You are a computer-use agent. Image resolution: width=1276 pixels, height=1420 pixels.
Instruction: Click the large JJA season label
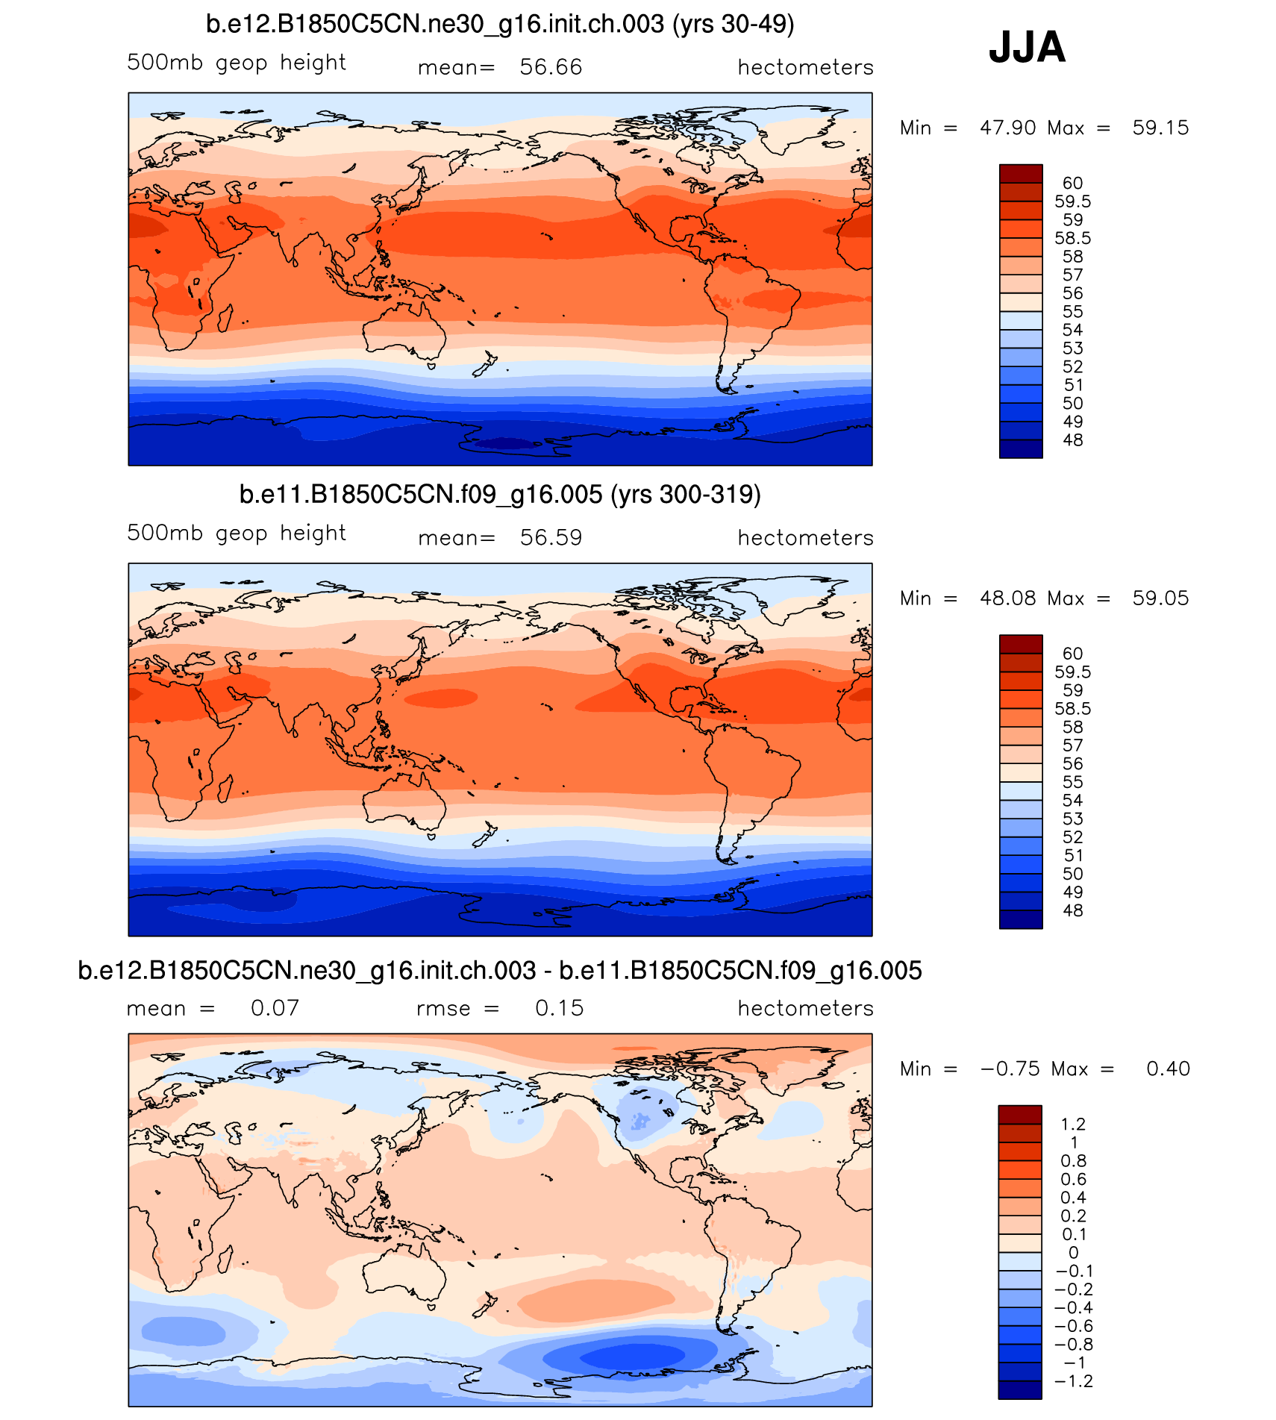pos(1027,47)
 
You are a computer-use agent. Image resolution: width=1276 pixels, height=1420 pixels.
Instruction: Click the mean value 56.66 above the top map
pos(551,67)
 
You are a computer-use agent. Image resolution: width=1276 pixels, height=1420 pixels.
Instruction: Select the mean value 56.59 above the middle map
pos(551,537)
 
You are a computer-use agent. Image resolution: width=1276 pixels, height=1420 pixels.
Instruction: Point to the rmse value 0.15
pos(559,1008)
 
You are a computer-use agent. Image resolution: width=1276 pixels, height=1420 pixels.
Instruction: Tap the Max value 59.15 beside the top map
pos(1160,128)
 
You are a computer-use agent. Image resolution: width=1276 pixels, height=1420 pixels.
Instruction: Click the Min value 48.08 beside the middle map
pos(1007,598)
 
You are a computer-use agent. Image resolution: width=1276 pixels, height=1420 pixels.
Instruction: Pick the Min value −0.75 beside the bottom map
pos(1010,1069)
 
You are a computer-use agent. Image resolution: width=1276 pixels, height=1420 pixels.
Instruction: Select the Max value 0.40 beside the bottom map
pos(1168,1069)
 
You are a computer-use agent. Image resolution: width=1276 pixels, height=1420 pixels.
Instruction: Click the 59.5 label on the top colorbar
pos(1072,201)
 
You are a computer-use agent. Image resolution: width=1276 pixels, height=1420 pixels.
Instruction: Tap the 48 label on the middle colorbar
pos(1072,910)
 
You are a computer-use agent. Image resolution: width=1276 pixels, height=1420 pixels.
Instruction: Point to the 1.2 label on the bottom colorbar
pos(1072,1124)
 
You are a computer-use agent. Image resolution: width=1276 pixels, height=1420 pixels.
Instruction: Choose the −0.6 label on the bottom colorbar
pos(1073,1326)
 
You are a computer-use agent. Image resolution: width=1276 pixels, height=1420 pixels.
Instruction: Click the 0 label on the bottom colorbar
pos(1073,1253)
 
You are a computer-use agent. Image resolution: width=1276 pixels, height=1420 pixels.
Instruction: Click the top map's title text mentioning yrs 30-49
pos(500,25)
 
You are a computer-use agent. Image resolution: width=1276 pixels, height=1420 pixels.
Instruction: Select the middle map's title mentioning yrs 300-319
pos(500,495)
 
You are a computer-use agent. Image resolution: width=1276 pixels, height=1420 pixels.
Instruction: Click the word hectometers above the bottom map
pos(805,1008)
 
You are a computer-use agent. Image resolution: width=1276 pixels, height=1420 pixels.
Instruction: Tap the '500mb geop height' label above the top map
pos(236,63)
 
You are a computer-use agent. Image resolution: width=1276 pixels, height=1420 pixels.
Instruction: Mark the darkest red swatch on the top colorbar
pos(1021,174)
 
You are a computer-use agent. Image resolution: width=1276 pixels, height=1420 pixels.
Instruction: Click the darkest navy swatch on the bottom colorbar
pos(1020,1389)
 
